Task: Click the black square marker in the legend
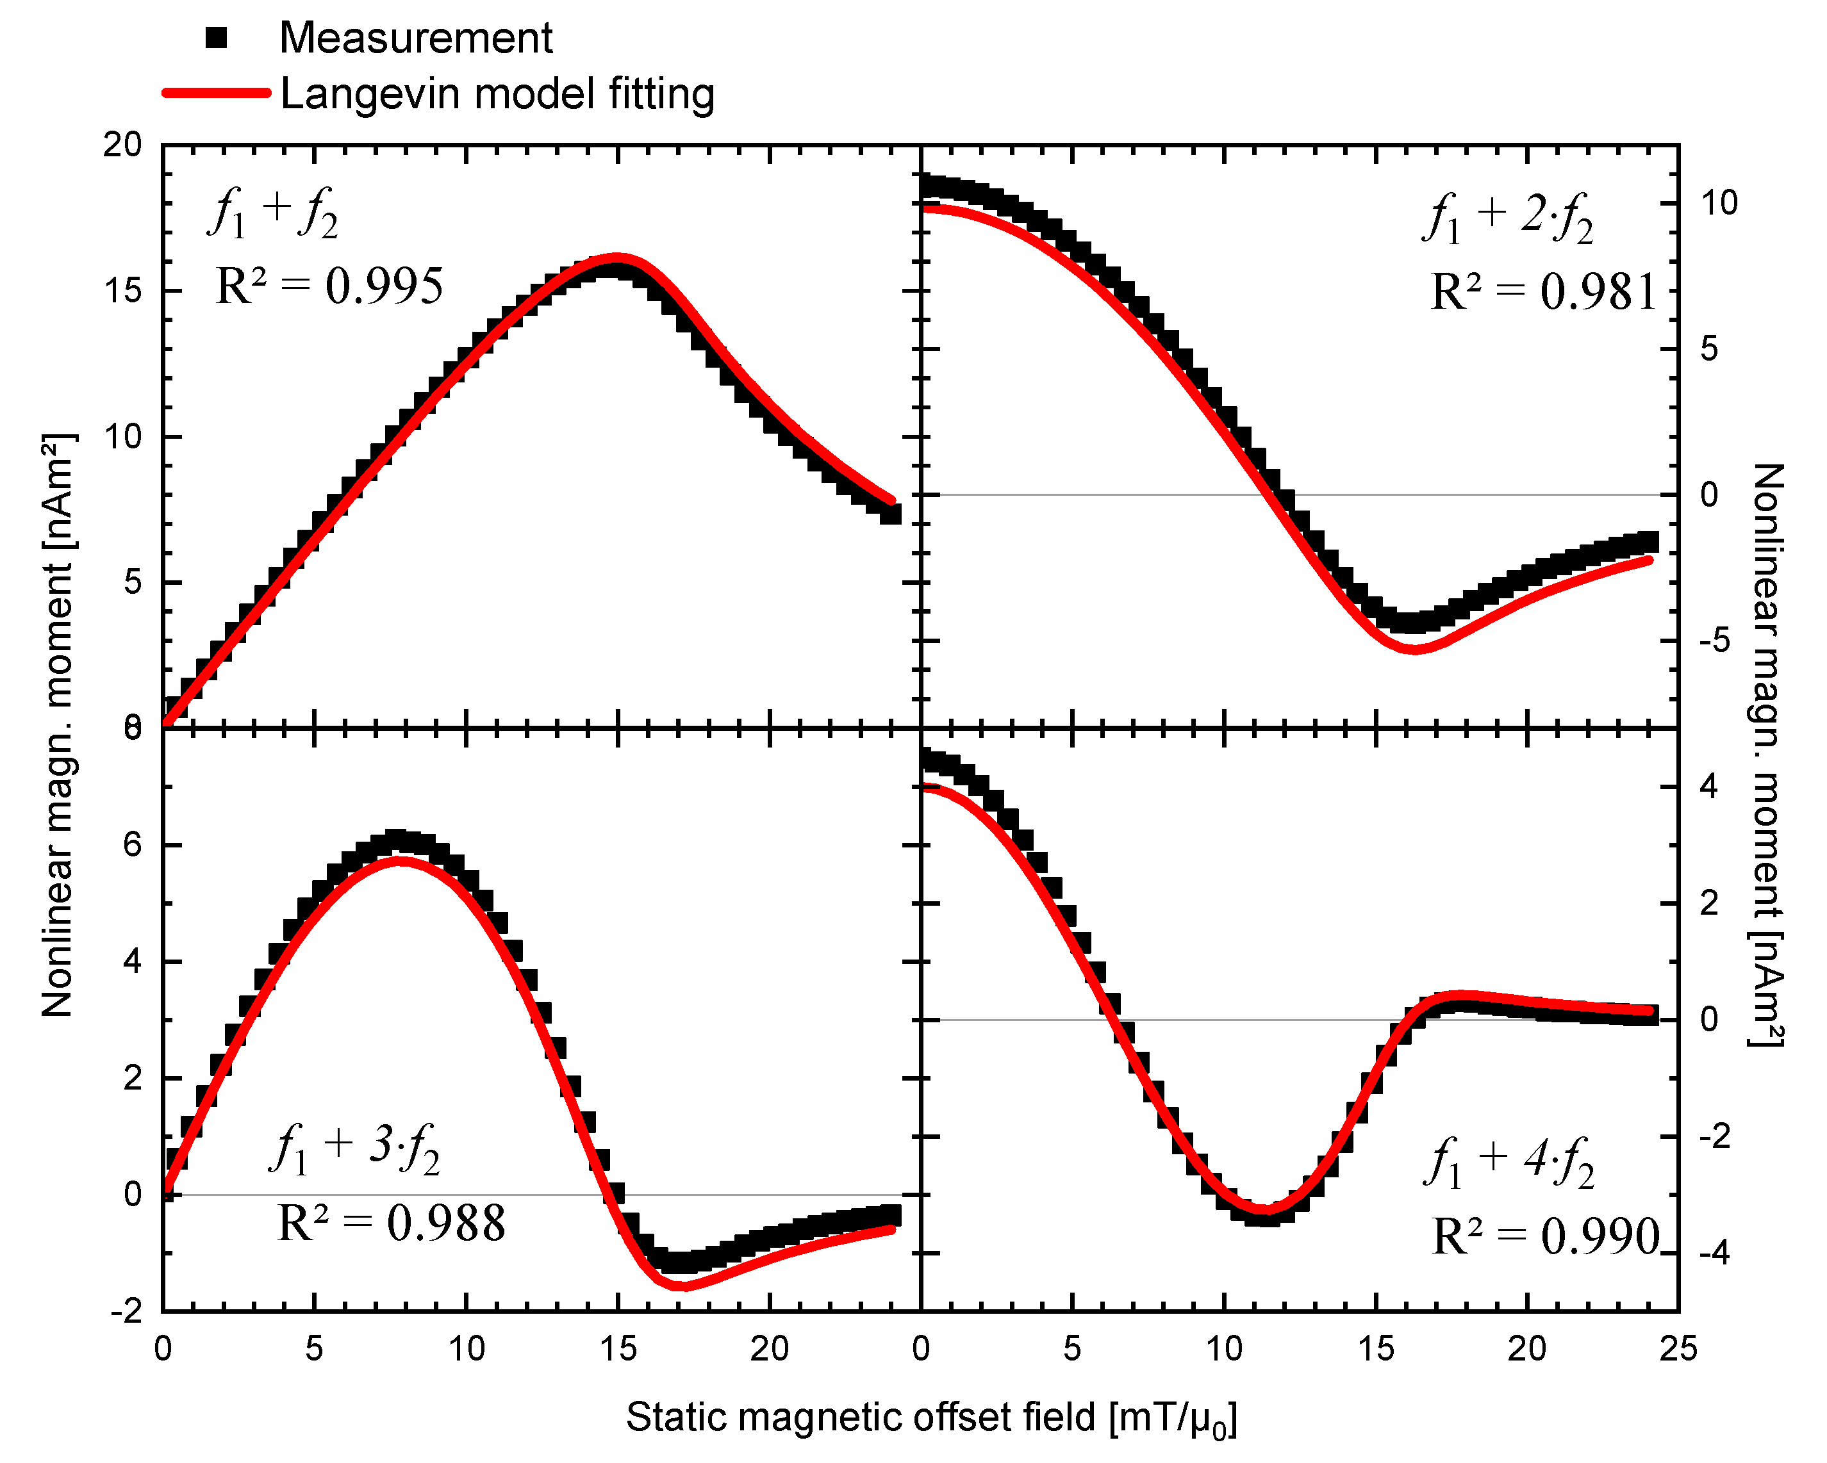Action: click(x=217, y=38)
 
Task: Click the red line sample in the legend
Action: click(x=217, y=92)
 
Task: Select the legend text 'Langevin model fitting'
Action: click(x=497, y=93)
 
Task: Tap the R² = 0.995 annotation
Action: click(x=329, y=286)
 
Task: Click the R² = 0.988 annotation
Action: click(x=391, y=1223)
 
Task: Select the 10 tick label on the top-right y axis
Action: click(x=1719, y=203)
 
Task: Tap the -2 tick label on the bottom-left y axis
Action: click(x=126, y=1311)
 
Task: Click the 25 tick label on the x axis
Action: click(x=1678, y=1348)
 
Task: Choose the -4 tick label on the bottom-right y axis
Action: click(x=1714, y=1253)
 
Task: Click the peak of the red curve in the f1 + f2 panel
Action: click(x=617, y=257)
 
